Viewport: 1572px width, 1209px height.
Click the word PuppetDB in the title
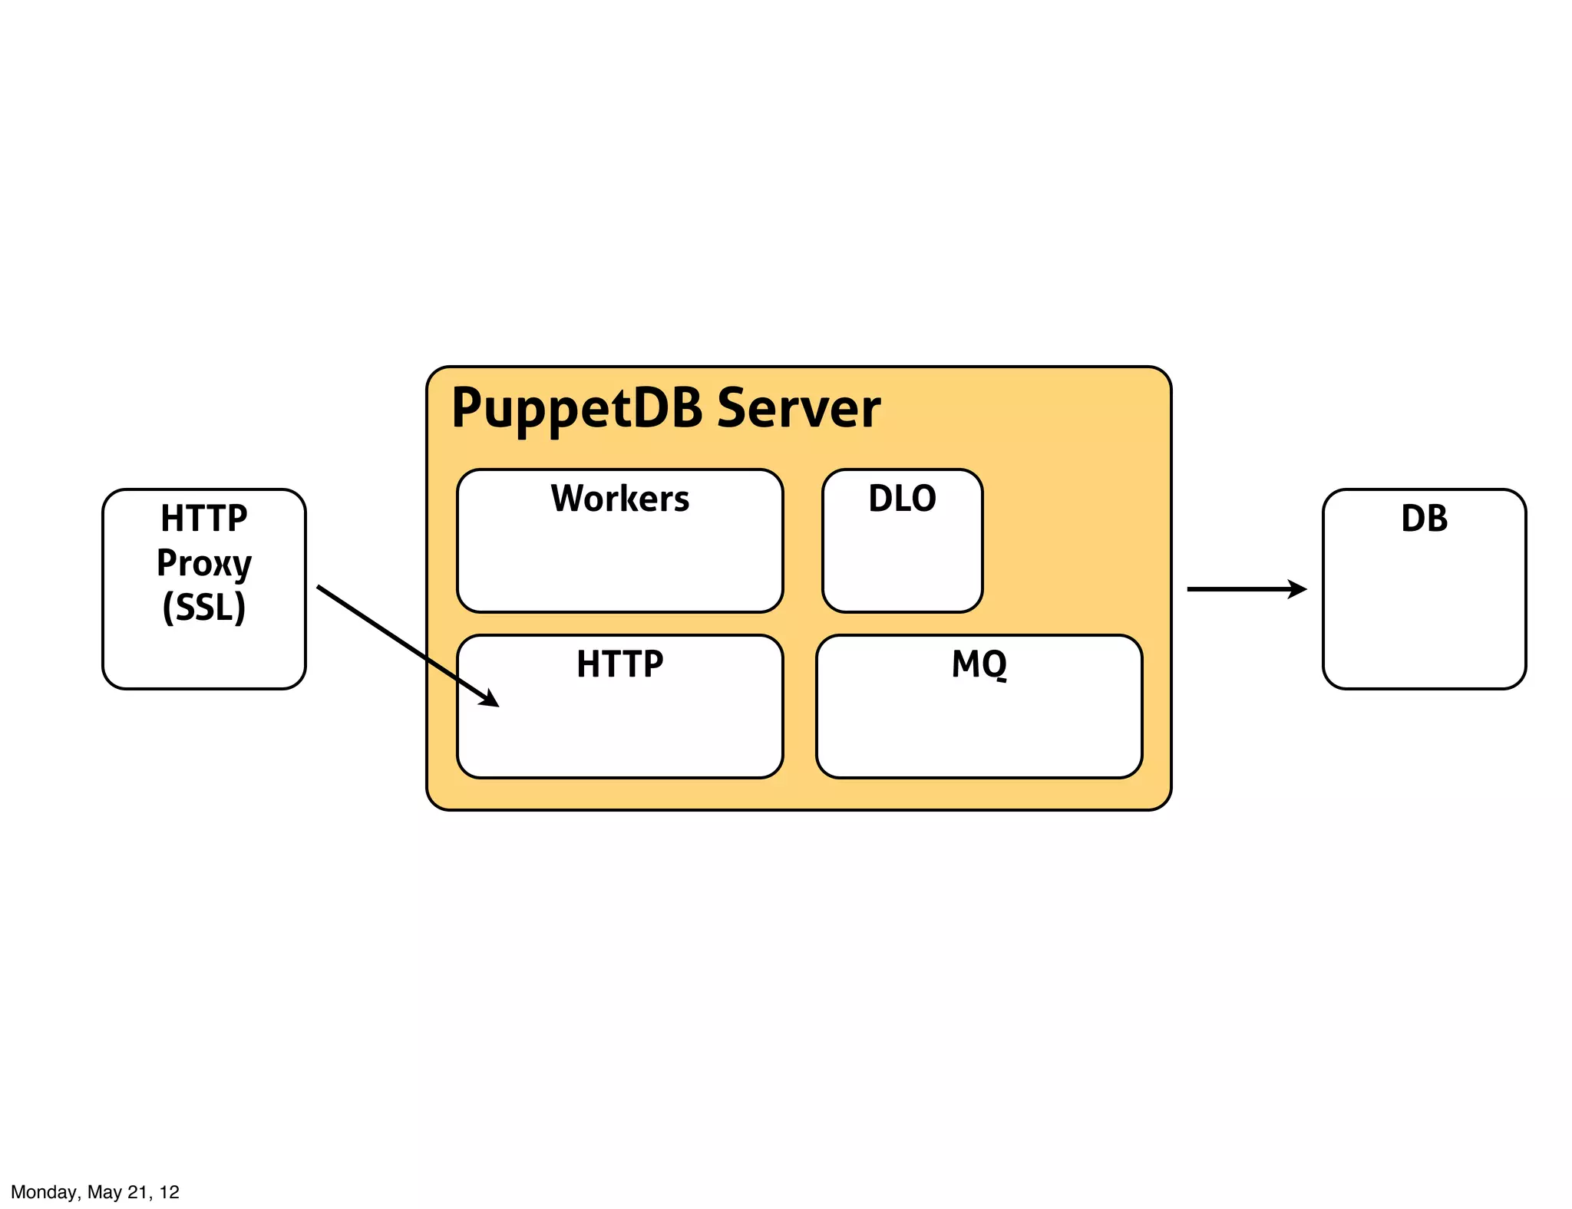[576, 408]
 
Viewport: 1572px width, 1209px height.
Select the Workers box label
[620, 499]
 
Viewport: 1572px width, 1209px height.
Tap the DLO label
[902, 499]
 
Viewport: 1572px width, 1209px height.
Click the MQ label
[979, 664]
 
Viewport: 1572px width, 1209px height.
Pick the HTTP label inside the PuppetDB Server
[620, 664]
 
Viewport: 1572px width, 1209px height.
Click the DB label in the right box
[1424, 519]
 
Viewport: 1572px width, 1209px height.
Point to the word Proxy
[204, 563]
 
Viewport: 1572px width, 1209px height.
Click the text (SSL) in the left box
[204, 608]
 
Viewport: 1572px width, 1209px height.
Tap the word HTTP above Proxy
[204, 519]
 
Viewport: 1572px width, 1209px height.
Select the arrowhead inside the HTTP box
[490, 699]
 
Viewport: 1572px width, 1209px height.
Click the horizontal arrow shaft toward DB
[1236, 589]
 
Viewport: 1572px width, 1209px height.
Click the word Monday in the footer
[44, 1192]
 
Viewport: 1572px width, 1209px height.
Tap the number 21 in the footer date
[137, 1192]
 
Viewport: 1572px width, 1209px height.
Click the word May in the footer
[104, 1192]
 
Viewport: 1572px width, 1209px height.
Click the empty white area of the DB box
[1424, 614]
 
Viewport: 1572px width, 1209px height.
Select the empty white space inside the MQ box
[979, 729]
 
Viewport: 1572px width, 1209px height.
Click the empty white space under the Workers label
[620, 564]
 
